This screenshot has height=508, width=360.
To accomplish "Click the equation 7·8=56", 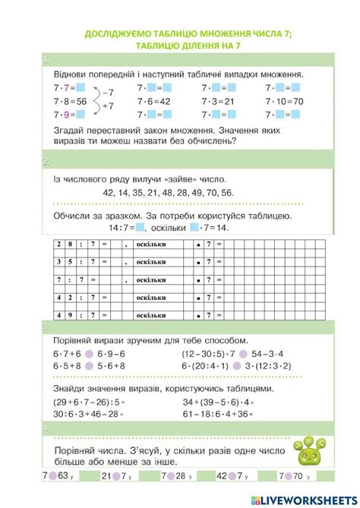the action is pos(70,102).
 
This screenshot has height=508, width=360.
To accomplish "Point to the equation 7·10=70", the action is pos(285,102).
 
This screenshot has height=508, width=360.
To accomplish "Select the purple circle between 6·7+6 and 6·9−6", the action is pos(90,353).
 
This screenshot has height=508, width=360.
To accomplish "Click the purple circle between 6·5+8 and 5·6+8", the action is pos(90,365).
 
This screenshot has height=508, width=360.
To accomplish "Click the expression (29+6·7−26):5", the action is pos(86,402).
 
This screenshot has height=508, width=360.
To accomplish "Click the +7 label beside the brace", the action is pos(108,107).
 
